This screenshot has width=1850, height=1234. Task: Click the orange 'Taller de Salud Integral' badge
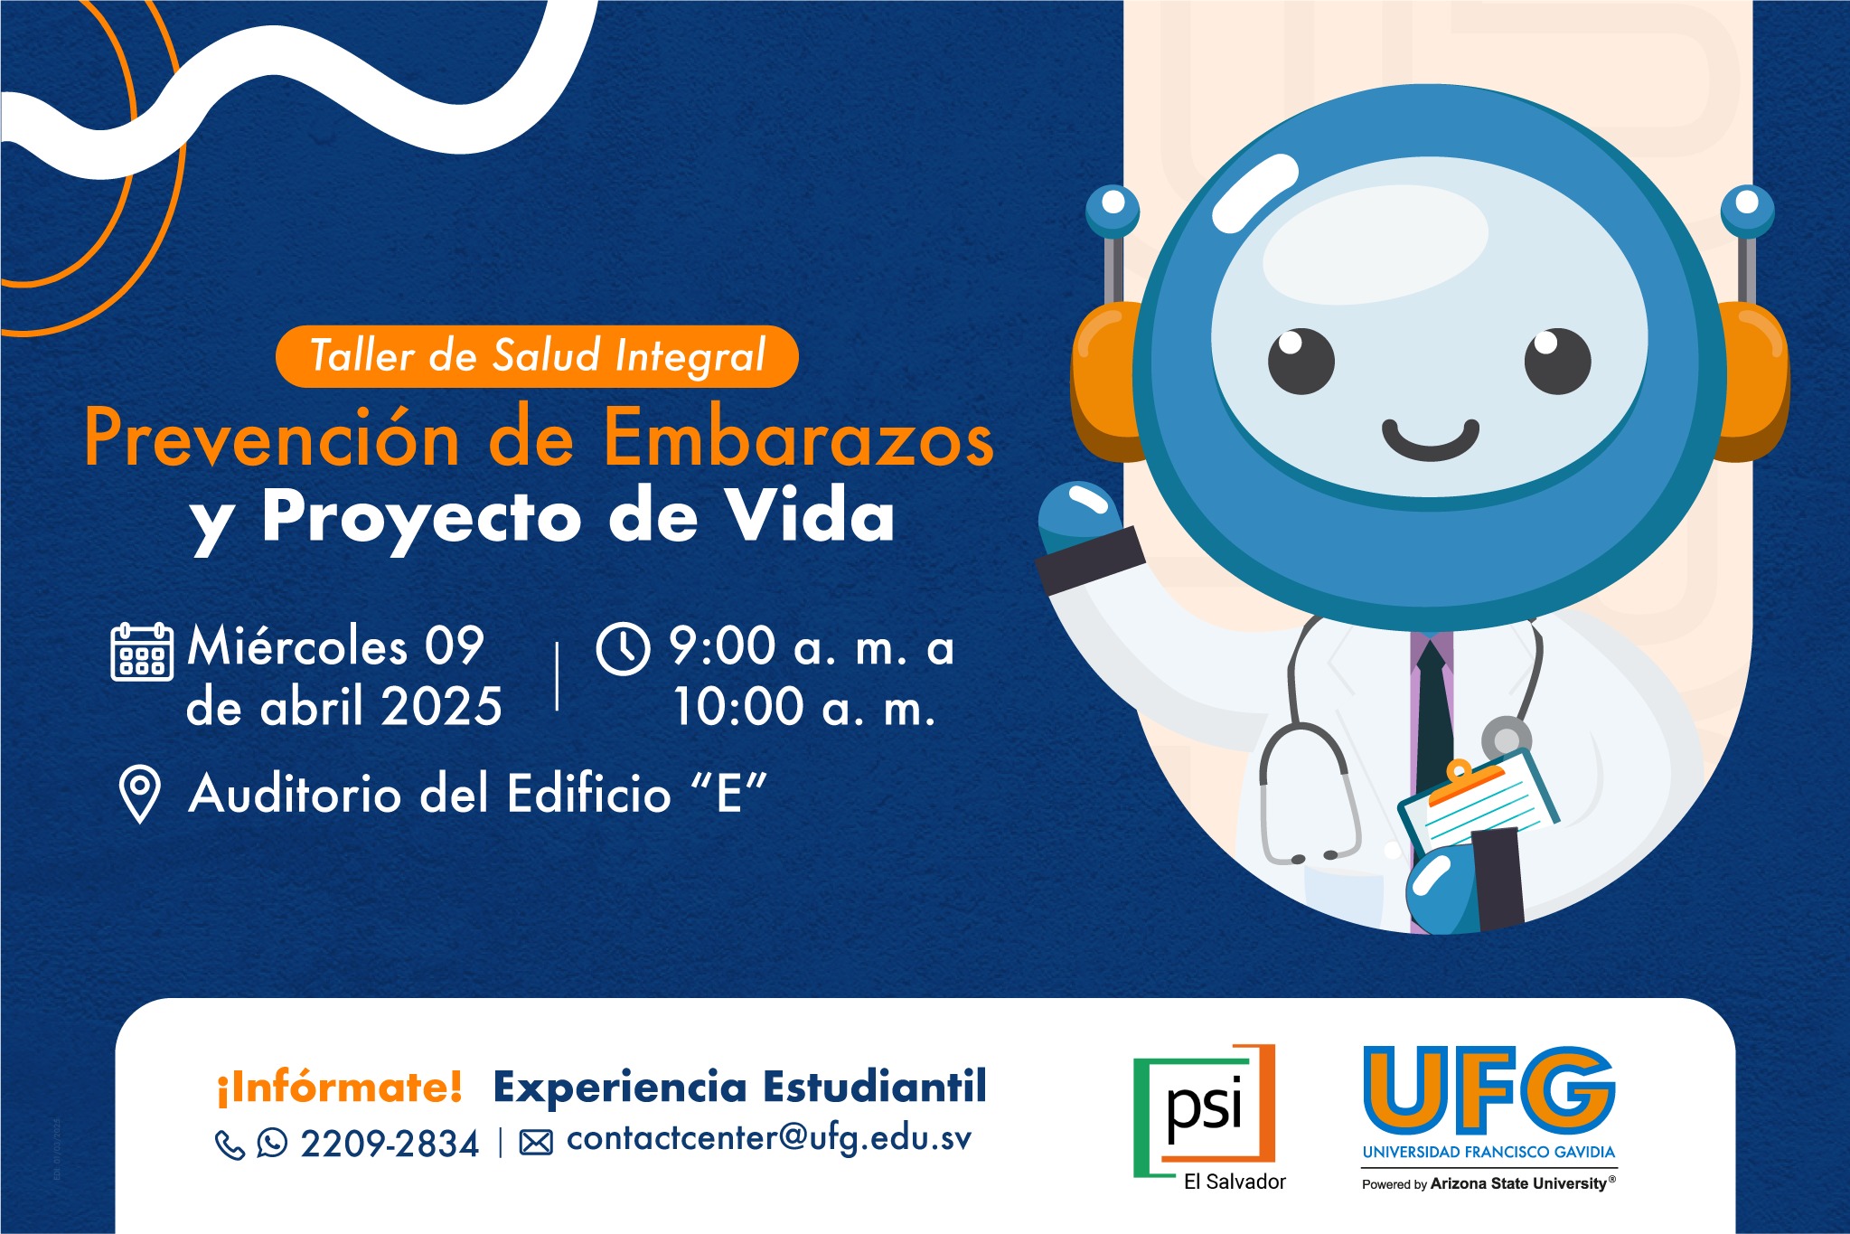(537, 356)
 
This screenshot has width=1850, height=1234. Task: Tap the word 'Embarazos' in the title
(798, 438)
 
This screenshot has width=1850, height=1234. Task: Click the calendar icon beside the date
(142, 651)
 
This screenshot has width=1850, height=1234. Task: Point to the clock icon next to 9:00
(623, 648)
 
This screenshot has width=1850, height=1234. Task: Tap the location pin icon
(140, 794)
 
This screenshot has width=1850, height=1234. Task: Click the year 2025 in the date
(441, 706)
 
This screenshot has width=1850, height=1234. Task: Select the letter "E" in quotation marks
(728, 793)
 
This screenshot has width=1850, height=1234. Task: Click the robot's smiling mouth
(1430, 440)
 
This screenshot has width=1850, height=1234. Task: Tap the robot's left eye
(1301, 361)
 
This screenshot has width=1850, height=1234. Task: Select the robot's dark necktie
(1432, 714)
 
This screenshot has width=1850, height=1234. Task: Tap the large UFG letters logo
(1488, 1091)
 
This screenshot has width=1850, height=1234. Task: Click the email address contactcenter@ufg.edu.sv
(769, 1139)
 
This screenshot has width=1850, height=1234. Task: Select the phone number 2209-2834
(390, 1145)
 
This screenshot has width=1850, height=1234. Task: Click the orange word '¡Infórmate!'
(339, 1087)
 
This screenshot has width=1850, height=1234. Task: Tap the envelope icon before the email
(536, 1144)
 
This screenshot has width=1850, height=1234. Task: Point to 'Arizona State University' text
(1518, 1183)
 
